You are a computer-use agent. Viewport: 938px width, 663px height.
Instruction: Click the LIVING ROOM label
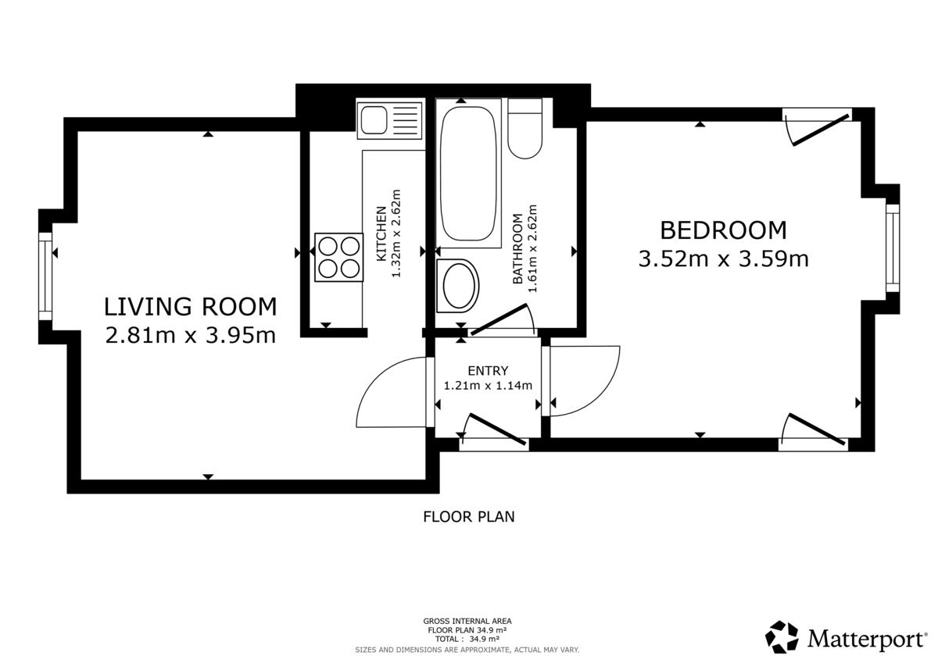click(190, 307)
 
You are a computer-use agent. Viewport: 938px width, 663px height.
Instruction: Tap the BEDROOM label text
click(723, 230)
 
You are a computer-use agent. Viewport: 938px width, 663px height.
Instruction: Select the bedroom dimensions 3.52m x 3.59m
click(723, 259)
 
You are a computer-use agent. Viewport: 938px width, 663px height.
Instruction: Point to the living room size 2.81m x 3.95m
click(190, 335)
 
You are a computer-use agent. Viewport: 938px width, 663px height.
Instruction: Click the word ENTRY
click(488, 371)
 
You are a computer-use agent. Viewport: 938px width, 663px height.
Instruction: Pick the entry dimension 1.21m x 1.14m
click(488, 385)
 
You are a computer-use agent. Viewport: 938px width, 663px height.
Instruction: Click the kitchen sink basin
click(374, 120)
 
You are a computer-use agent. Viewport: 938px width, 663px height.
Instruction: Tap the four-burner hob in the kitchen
click(338, 257)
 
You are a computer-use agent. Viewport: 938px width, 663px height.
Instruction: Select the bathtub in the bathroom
click(467, 173)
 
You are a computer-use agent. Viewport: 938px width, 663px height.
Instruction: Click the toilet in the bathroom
click(525, 128)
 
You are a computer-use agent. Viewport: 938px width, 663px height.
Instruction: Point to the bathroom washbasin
click(458, 286)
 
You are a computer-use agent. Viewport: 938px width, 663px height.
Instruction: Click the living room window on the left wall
click(45, 276)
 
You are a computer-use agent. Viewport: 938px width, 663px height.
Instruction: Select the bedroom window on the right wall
click(893, 248)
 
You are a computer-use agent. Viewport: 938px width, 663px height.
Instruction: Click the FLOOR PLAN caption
click(468, 517)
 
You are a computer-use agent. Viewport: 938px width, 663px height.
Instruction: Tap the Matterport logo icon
click(782, 637)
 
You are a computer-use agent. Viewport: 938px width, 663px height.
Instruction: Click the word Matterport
click(866, 640)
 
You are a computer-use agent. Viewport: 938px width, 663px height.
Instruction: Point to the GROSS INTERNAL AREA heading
click(467, 621)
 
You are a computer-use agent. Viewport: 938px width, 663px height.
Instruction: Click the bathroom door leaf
click(499, 319)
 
